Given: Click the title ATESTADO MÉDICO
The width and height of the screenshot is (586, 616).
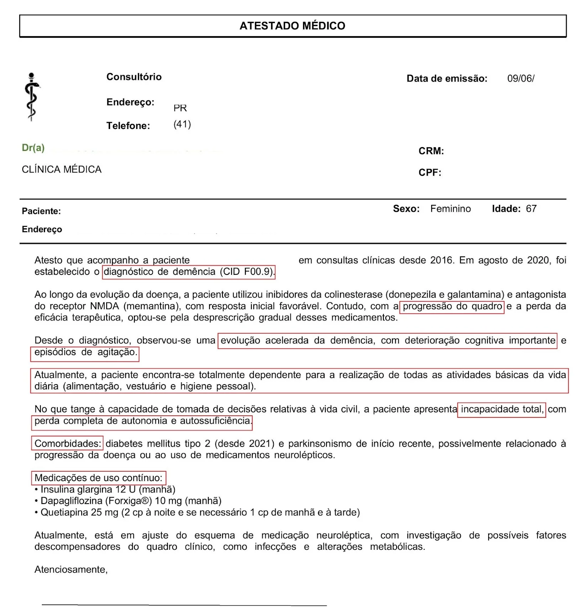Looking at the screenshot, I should tap(292, 26).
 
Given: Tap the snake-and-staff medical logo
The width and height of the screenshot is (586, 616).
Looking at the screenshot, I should tap(32, 97).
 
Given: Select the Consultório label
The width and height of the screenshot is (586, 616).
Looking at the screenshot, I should tap(134, 77).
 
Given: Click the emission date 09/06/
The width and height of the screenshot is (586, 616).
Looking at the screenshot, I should tap(521, 79).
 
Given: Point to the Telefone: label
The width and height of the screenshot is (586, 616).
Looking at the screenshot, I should tap(128, 126).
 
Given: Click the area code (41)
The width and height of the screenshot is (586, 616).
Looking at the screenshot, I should tap(182, 124).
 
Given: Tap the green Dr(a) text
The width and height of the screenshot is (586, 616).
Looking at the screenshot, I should tap(33, 148).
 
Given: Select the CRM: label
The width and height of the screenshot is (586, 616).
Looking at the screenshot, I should tap(431, 151).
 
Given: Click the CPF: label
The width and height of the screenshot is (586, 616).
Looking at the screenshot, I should tap(430, 172).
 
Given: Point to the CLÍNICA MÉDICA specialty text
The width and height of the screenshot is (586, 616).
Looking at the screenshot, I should tap(62, 169).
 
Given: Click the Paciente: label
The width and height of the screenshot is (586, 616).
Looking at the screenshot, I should tap(41, 211).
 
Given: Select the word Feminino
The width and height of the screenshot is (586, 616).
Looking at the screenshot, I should tap(450, 209).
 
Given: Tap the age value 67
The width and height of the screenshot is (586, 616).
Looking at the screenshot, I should tap(531, 209).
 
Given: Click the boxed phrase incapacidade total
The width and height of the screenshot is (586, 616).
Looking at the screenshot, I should tap(501, 409).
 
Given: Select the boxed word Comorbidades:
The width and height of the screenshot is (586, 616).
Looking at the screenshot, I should tap(67, 444).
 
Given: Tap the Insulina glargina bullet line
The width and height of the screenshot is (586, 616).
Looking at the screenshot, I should tap(108, 489).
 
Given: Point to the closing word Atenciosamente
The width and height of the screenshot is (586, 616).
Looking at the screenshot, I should tap(71, 569).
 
